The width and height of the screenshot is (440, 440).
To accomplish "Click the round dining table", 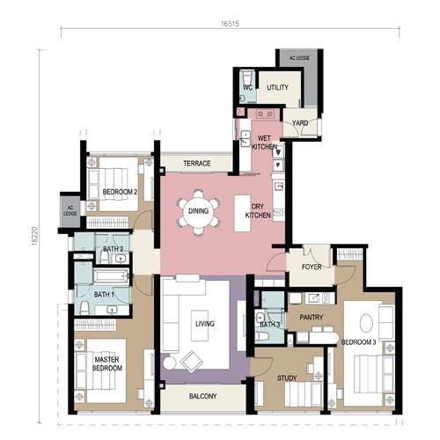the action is point(198,211).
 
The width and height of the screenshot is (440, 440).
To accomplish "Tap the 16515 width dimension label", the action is point(230,24).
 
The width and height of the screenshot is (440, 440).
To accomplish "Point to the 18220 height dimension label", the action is point(35,236).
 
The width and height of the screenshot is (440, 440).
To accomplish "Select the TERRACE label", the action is point(197,164).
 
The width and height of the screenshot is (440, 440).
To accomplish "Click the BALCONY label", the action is point(202,396).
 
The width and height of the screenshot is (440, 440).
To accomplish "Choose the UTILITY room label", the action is point(277,87).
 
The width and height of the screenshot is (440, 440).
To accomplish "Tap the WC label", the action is point(248,87).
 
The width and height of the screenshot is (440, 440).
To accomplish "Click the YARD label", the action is point(300,123).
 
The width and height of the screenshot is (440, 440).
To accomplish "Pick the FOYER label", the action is point(312,267).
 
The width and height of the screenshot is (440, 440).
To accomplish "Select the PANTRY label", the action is point(312,317).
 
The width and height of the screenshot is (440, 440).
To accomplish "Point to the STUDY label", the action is point(287,378).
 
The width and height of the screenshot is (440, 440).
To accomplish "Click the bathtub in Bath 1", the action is point(111,276).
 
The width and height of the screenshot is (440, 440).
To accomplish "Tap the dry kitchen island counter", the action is point(242,213).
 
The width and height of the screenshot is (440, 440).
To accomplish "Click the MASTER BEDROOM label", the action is point(107,363).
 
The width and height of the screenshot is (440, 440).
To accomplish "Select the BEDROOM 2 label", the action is point(120,192).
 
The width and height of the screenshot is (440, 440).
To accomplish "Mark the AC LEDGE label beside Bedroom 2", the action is point(70,210).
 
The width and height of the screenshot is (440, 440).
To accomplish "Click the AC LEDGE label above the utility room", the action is point(299,58).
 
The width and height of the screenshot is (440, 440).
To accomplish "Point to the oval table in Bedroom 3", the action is point(366,323).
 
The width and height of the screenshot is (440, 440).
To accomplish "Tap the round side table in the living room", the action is point(169,363).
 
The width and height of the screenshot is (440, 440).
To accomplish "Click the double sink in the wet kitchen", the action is point(246,138).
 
